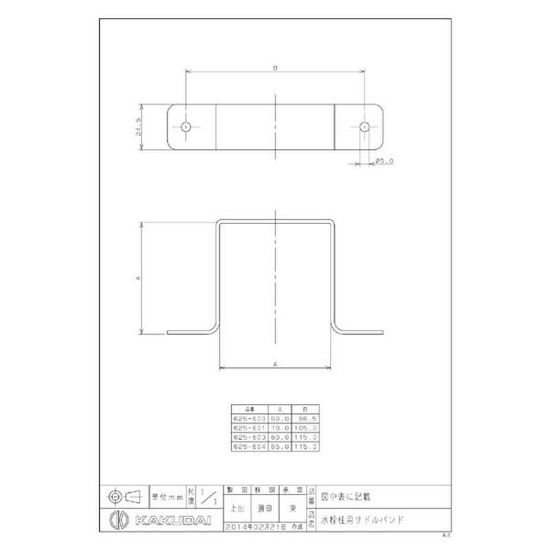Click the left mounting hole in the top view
point(186,126)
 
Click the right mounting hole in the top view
point(364,126)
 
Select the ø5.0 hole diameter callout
point(384,162)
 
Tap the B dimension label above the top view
point(274,67)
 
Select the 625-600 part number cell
point(250,417)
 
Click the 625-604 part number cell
point(250,446)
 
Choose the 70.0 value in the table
point(278,427)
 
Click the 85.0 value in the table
point(278,446)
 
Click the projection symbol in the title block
point(124,495)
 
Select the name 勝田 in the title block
point(265,509)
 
